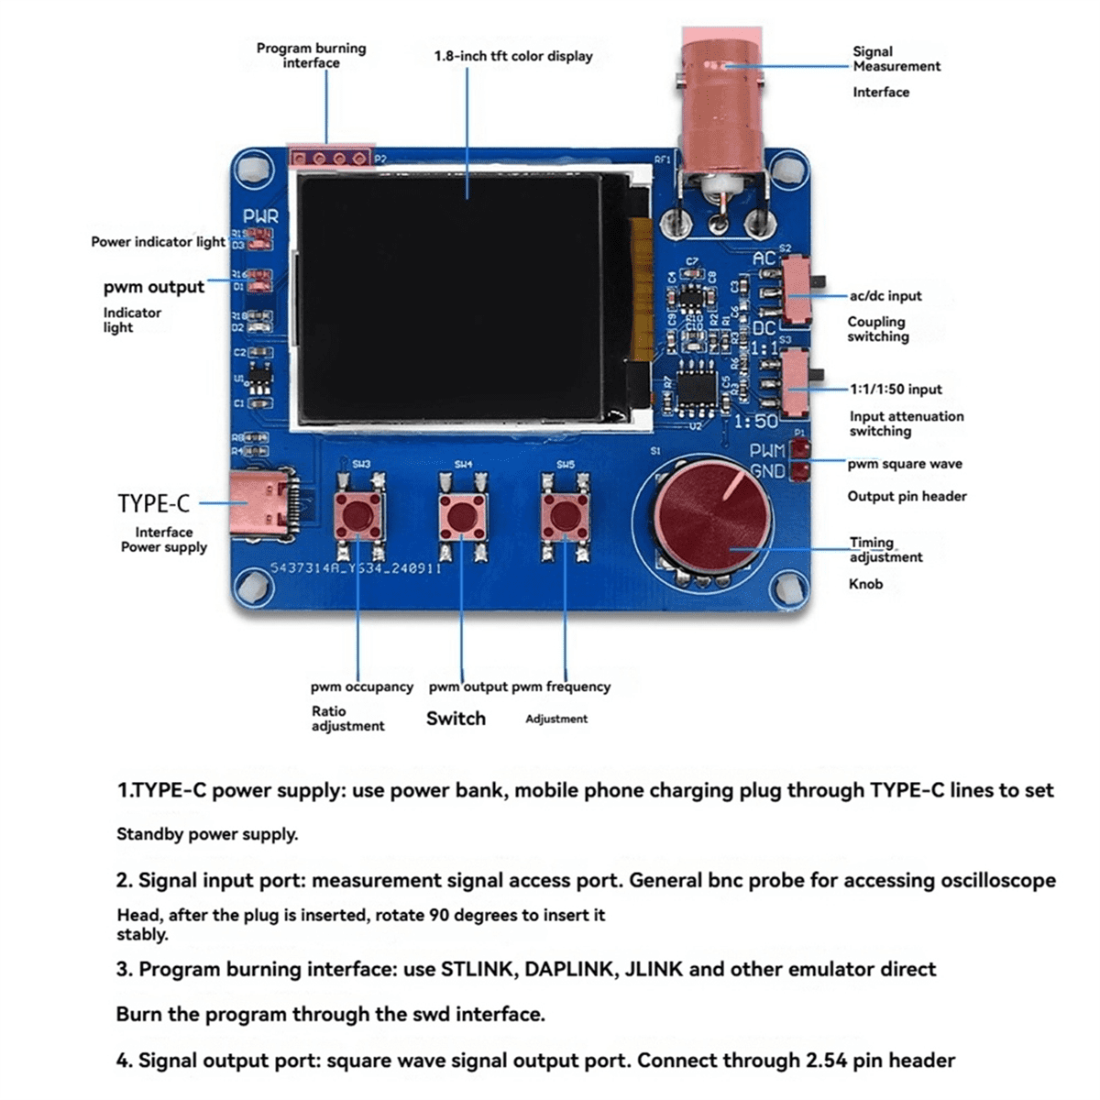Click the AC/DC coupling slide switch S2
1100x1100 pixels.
[798, 289]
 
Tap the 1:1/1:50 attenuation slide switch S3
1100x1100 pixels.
[798, 382]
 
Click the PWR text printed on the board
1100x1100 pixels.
[259, 217]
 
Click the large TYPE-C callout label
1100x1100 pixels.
[153, 504]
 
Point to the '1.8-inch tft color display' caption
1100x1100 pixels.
[513, 56]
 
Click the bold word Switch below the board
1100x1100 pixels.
[456, 719]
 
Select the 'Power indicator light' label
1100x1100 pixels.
[158, 242]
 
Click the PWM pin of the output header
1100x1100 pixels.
[801, 448]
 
